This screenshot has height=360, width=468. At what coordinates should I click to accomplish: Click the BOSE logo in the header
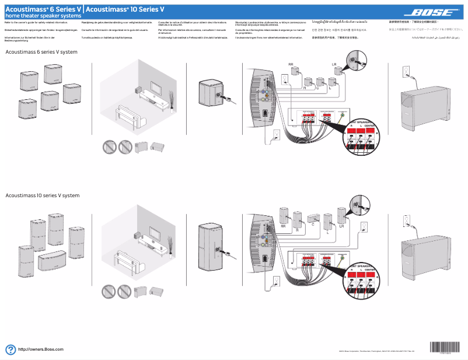tap(432, 12)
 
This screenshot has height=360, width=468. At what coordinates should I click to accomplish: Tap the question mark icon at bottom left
tap(10, 349)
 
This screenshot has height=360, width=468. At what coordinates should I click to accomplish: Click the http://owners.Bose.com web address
tap(41, 349)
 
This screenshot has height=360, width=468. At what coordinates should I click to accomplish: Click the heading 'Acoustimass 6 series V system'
tap(41, 53)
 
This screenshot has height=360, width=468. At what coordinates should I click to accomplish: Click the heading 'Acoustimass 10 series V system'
tap(42, 195)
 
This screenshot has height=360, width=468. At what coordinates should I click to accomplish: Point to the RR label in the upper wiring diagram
tap(291, 64)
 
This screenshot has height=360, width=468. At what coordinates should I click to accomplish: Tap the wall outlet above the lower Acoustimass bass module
tap(407, 221)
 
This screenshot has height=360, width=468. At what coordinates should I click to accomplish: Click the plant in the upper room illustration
tap(171, 97)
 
